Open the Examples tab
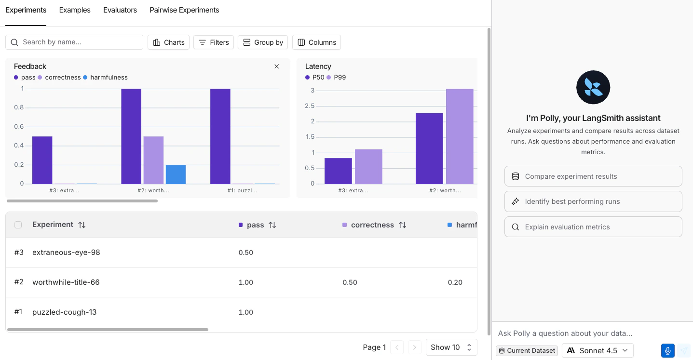pyautogui.click(x=75, y=10)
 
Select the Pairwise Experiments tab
pyautogui.click(x=184, y=10)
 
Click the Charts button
pyautogui.click(x=169, y=42)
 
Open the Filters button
pyautogui.click(x=214, y=42)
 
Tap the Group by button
pyautogui.click(x=263, y=42)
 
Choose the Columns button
pyautogui.click(x=316, y=42)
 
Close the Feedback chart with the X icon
pyautogui.click(x=277, y=67)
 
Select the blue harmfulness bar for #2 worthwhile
pyautogui.click(x=176, y=174)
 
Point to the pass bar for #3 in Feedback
pyautogui.click(x=42, y=160)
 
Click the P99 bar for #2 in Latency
pyautogui.click(x=460, y=136)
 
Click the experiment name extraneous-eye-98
pyautogui.click(x=66, y=253)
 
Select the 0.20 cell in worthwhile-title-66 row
pyautogui.click(x=455, y=282)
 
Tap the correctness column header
pyautogui.click(x=372, y=225)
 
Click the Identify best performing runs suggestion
pyautogui.click(x=593, y=201)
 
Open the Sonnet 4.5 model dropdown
pyautogui.click(x=598, y=350)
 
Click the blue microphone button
pyautogui.click(x=667, y=350)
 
